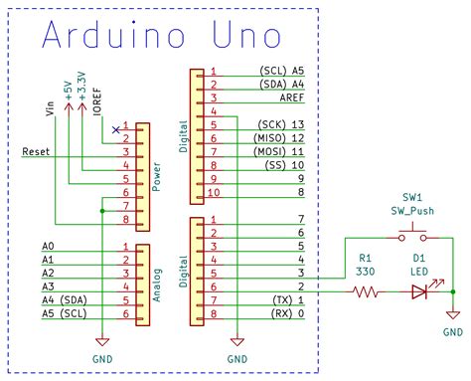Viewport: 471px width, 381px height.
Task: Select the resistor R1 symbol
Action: (365, 291)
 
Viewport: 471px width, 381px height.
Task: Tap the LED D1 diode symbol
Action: (418, 291)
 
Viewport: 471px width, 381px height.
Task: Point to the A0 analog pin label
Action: (49, 245)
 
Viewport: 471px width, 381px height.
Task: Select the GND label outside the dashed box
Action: (452, 331)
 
